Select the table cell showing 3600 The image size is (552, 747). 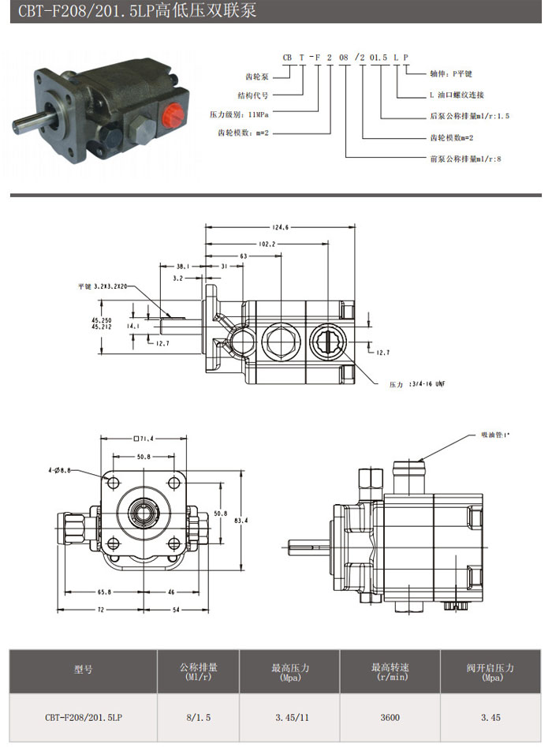(x=390, y=717)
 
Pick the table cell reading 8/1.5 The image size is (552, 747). (x=199, y=717)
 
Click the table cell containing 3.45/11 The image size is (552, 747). (x=290, y=717)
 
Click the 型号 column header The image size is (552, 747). (x=84, y=670)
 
